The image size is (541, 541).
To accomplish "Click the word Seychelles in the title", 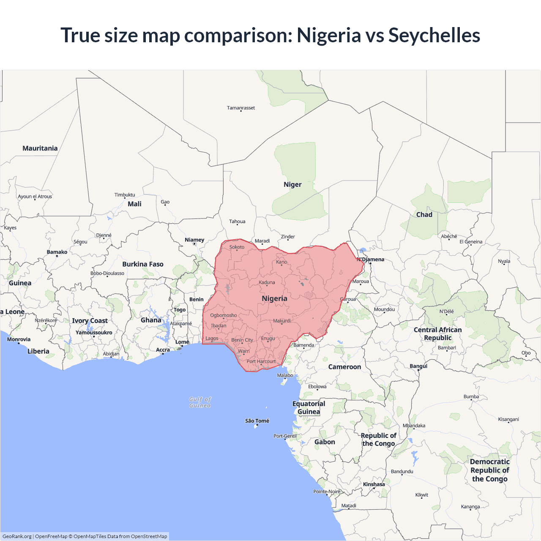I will [x=434, y=35].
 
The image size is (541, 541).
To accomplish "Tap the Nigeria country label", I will [x=274, y=298].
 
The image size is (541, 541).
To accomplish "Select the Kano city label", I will [x=281, y=262].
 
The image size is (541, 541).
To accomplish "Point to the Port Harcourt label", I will [x=261, y=361].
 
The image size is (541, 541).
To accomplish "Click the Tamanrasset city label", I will [x=241, y=108].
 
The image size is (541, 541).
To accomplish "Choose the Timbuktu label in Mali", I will [x=125, y=195].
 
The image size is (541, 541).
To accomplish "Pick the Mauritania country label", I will [x=40, y=148].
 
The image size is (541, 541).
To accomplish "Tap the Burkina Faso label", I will [x=143, y=264].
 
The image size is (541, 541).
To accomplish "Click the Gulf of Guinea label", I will [x=200, y=402].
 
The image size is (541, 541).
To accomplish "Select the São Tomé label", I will [x=257, y=421].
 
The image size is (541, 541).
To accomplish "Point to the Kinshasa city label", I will [x=374, y=484].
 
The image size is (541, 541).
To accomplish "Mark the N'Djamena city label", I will [x=371, y=260].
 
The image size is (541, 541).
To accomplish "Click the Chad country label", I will [x=424, y=215].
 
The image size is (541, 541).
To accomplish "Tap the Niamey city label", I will [x=194, y=240].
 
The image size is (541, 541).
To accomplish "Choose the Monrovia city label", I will [x=19, y=339].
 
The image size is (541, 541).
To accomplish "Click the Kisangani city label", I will [x=508, y=419].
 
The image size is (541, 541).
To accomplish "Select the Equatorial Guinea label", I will [x=309, y=408].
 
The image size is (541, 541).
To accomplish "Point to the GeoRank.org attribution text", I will [x=17, y=536].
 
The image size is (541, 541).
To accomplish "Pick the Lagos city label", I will [x=212, y=339].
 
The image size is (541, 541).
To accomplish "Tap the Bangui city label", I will [x=418, y=366].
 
